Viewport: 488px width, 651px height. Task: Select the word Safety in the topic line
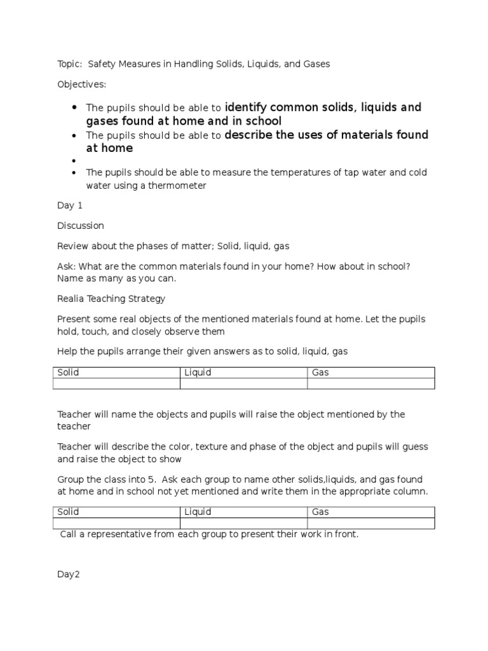[x=103, y=64]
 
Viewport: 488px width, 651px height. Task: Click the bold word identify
[x=247, y=107]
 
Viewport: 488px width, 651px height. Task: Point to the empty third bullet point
[x=75, y=161]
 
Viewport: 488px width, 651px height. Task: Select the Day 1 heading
[x=69, y=206]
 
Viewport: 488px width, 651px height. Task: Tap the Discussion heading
[x=81, y=226]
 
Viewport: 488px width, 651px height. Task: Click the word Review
[x=74, y=245]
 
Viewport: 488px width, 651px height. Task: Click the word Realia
[x=72, y=298]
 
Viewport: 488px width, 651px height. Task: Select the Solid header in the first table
[x=69, y=373]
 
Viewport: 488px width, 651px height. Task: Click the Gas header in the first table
[x=320, y=373]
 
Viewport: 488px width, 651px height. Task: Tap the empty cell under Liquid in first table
[x=243, y=383]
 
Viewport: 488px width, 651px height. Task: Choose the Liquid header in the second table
[x=198, y=512]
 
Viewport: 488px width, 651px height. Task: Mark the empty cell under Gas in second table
[x=370, y=523]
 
